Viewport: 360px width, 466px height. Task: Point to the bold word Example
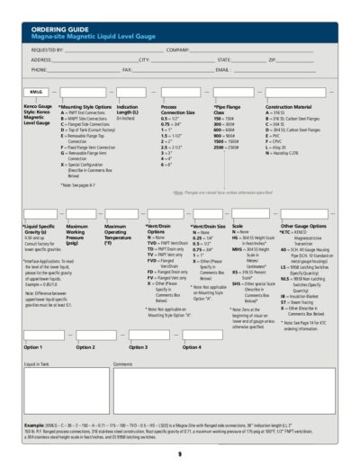pyautogui.click(x=34, y=423)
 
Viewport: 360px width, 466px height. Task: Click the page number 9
pyautogui.click(x=179, y=453)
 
